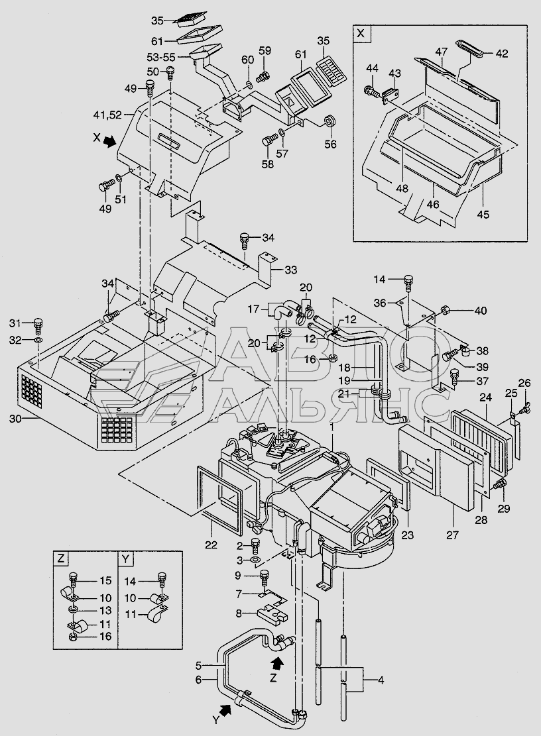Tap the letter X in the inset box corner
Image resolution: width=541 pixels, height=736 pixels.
click(x=361, y=32)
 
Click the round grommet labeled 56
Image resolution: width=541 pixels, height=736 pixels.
click(x=328, y=123)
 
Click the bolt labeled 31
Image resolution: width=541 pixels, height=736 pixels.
click(x=38, y=324)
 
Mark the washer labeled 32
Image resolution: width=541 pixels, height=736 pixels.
click(x=38, y=341)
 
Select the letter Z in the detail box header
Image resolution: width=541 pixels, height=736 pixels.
click(x=60, y=558)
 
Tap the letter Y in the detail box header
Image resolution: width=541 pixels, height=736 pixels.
click(x=125, y=558)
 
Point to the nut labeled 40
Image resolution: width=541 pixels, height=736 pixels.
click(x=446, y=310)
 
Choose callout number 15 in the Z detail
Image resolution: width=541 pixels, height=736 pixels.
click(x=106, y=581)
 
